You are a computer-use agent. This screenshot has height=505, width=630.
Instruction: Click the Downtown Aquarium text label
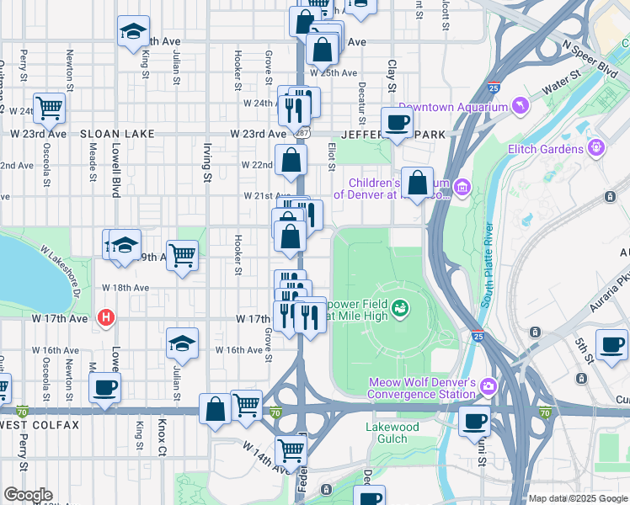pos(453,107)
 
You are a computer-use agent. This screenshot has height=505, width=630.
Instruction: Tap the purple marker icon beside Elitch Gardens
pos(597,148)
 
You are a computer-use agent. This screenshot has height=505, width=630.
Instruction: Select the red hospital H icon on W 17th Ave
pos(106,317)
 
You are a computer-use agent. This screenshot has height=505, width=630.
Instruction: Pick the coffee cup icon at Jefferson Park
pos(398,123)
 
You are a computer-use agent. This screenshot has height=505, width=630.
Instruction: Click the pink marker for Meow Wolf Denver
pos(488,387)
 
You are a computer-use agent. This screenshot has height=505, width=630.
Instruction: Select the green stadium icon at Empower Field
pos(399,308)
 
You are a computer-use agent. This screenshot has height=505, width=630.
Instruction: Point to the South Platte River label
pos(487,279)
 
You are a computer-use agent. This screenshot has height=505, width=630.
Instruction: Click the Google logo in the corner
pos(28,495)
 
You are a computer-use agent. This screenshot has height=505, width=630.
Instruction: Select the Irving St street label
pos(206,162)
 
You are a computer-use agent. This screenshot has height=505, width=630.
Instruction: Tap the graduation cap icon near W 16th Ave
pos(182,343)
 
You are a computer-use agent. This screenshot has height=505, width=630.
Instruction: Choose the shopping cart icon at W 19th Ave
pos(182,254)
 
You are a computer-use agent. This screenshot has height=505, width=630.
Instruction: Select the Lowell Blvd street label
pos(115,174)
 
